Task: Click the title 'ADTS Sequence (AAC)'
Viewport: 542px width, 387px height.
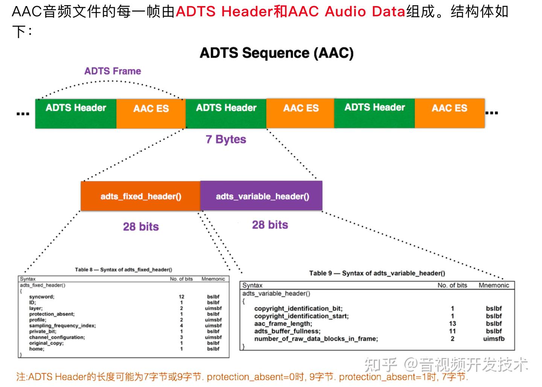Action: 277,53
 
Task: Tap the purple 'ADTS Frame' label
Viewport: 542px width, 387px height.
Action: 113,71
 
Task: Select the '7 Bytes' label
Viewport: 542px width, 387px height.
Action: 226,139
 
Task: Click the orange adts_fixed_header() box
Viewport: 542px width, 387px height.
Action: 140,196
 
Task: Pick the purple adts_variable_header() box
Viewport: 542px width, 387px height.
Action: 262,196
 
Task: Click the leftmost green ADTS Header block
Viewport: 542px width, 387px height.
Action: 76,113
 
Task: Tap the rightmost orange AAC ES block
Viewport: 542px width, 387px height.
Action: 449,113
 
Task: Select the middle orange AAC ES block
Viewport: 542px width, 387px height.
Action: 300,113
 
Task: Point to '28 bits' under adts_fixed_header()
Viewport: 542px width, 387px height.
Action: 141,227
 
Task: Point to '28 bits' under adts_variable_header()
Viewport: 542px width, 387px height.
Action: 270,225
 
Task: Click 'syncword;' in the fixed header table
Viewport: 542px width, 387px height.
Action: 42,297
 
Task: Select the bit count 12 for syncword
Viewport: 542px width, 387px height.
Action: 181,297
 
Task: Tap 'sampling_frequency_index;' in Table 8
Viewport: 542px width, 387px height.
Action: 62,326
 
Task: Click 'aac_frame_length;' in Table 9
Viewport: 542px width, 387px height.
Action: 283,324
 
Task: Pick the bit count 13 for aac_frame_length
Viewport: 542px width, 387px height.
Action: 452,324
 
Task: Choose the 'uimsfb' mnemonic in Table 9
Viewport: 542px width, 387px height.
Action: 493,339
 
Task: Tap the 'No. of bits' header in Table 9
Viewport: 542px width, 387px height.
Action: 452,285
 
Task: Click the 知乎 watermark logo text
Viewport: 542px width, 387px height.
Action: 381,364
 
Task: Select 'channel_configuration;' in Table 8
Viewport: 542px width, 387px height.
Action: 57,337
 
